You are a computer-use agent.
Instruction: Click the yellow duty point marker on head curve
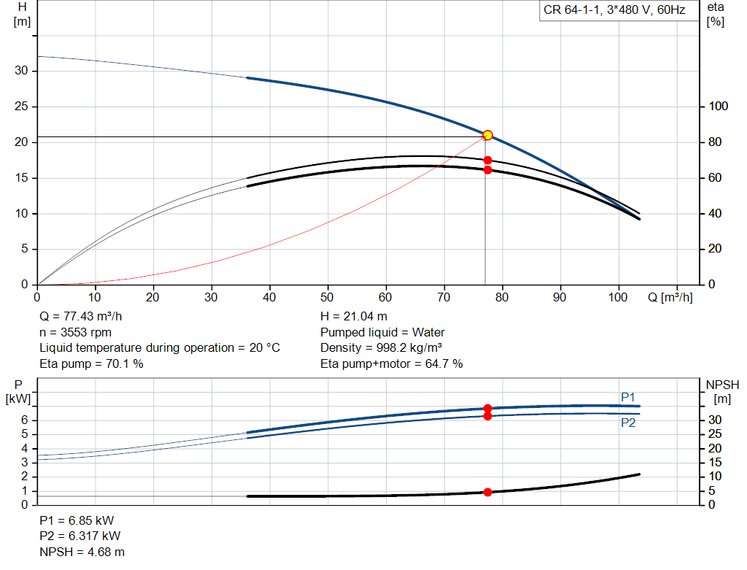[487, 135]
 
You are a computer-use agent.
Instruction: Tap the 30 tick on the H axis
[22, 71]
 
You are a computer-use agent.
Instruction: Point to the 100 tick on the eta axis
[719, 107]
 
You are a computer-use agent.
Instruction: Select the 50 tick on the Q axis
[328, 297]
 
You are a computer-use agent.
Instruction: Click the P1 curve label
[628, 396]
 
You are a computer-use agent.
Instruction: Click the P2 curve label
[628, 423]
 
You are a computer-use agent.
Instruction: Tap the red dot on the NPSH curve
[487, 492]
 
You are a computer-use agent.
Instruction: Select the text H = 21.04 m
[354, 317]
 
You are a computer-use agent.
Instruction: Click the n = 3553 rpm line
[75, 333]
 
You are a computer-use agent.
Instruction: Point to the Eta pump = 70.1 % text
[91, 363]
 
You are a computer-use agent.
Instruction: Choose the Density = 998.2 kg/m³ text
[382, 348]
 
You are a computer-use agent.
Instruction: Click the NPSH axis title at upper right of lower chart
[722, 385]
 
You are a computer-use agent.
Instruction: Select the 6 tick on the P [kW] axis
[24, 420]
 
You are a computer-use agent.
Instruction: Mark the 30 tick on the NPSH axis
[716, 420]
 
